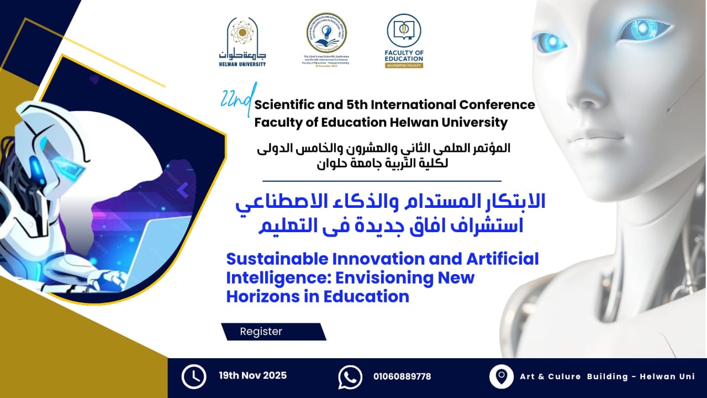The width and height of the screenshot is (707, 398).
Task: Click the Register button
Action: (x=261, y=332)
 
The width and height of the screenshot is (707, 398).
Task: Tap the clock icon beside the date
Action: (x=194, y=377)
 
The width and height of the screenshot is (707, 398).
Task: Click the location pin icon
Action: (x=501, y=377)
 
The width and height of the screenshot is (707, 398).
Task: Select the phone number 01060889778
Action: (x=402, y=377)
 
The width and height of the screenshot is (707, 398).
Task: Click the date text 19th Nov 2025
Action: (x=252, y=376)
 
